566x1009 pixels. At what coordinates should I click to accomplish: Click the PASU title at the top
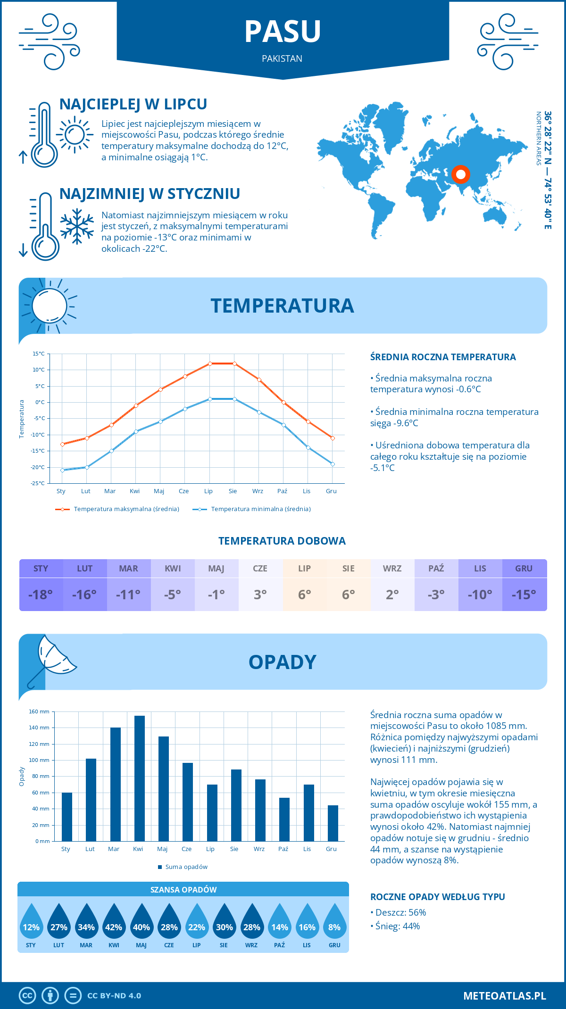pyautogui.click(x=283, y=32)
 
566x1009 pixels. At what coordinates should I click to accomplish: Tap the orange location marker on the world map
pyautogui.click(x=460, y=174)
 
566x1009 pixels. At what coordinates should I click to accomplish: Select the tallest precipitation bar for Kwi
pyautogui.click(x=140, y=778)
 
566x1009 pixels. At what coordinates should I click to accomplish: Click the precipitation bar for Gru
pyautogui.click(x=333, y=823)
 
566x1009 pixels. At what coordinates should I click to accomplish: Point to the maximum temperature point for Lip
pyautogui.click(x=210, y=364)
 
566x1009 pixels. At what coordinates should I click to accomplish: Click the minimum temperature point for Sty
pyautogui.click(x=62, y=470)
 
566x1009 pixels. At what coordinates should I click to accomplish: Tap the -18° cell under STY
pyautogui.click(x=41, y=595)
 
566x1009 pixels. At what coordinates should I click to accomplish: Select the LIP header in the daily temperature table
pyautogui.click(x=304, y=569)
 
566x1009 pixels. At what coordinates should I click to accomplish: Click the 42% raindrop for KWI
pyautogui.click(x=114, y=924)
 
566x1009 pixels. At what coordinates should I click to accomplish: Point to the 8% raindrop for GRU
pyautogui.click(x=334, y=924)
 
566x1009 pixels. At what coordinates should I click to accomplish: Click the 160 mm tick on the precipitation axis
pyautogui.click(x=40, y=711)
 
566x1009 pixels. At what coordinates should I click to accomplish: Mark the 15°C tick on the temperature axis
pyautogui.click(x=39, y=354)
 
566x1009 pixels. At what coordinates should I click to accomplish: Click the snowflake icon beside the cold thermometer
pyautogui.click(x=77, y=226)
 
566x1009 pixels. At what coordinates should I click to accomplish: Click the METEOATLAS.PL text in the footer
pyautogui.click(x=504, y=996)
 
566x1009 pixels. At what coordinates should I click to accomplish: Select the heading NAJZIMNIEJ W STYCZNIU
pyautogui.click(x=150, y=194)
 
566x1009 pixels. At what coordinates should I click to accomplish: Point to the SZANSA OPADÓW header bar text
pyautogui.click(x=183, y=890)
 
